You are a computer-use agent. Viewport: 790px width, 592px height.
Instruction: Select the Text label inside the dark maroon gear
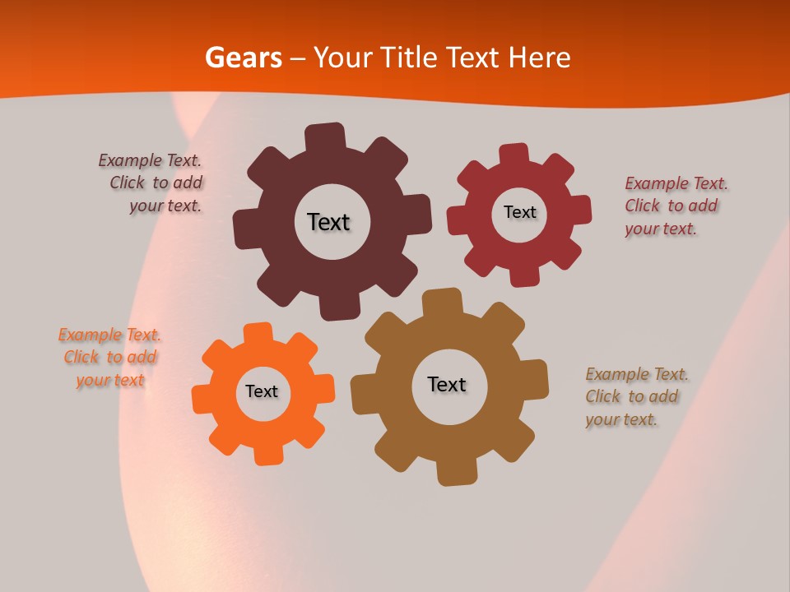(328, 222)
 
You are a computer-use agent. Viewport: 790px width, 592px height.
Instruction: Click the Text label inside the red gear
(519, 212)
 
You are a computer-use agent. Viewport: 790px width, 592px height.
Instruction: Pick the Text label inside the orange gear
(262, 391)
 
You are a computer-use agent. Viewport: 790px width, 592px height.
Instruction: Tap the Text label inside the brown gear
(447, 384)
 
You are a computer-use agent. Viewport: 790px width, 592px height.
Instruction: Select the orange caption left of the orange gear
(109, 357)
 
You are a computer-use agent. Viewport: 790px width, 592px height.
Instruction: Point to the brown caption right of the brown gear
(636, 396)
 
